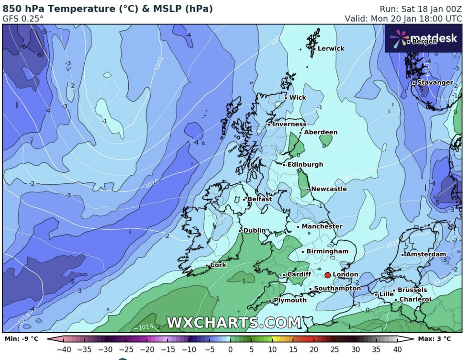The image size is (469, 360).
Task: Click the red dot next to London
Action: pyautogui.click(x=327, y=275)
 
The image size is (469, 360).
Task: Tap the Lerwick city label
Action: pyautogui.click(x=331, y=48)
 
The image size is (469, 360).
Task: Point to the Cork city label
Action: pyautogui.click(x=218, y=265)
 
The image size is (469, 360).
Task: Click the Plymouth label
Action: pyautogui.click(x=290, y=300)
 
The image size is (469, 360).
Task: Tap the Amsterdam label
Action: pyautogui.click(x=425, y=254)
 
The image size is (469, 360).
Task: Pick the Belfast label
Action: pyautogui.click(x=260, y=199)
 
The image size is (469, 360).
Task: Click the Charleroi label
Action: pyautogui.click(x=415, y=299)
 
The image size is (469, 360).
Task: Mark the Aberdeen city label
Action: pyautogui.click(x=321, y=132)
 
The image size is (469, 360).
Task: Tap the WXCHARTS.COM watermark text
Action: pyautogui.click(x=234, y=323)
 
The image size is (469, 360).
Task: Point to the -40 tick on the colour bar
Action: pyautogui.click(x=64, y=349)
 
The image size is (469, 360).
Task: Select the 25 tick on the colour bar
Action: pyautogui.click(x=335, y=349)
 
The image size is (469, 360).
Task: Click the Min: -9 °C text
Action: pyautogui.click(x=21, y=339)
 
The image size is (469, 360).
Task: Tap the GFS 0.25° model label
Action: pyautogui.click(x=23, y=19)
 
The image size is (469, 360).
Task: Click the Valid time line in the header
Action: pyautogui.click(x=404, y=19)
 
